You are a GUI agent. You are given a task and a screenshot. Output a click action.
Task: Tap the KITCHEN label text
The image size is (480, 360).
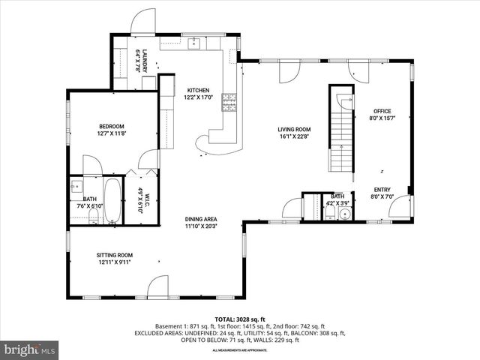click(199, 90)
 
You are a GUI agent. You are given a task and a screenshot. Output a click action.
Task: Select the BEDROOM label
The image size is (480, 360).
click(111, 126)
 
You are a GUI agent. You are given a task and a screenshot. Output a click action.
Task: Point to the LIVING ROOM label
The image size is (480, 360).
click(294, 129)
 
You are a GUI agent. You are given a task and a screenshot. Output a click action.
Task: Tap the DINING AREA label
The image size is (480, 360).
click(201, 219)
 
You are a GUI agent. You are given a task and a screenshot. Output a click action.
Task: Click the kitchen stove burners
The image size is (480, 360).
click(229, 102)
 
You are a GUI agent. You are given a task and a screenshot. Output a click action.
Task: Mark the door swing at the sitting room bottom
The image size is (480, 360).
click(158, 287)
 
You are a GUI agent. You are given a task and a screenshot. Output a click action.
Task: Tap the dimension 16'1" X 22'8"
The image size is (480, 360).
click(294, 136)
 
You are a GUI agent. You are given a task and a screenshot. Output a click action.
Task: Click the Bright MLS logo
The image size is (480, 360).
click(30, 349)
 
